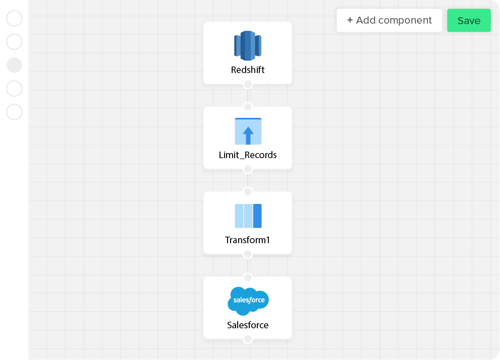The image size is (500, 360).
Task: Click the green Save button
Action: coord(469,21)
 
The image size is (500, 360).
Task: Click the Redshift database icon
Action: coord(248,46)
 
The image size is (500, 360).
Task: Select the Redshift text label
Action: coord(248,70)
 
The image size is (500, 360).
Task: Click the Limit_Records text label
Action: coord(248,155)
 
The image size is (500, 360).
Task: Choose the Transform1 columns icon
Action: coord(248,216)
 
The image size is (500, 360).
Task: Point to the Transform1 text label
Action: coord(247,240)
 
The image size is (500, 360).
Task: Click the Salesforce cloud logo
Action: coord(248,301)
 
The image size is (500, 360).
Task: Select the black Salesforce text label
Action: coord(248,325)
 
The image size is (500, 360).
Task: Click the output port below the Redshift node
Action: coord(248,85)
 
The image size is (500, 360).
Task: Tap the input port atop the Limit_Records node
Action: coord(248,107)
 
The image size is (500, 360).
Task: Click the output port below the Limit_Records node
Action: coord(248,169)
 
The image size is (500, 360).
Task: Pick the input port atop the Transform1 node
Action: coord(248,192)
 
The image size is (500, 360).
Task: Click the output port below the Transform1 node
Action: coord(248,254)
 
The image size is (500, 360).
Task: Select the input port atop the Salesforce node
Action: coord(248,277)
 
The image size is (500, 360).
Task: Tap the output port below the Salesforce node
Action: coord(248,339)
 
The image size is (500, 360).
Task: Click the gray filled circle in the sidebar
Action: coord(14,65)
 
